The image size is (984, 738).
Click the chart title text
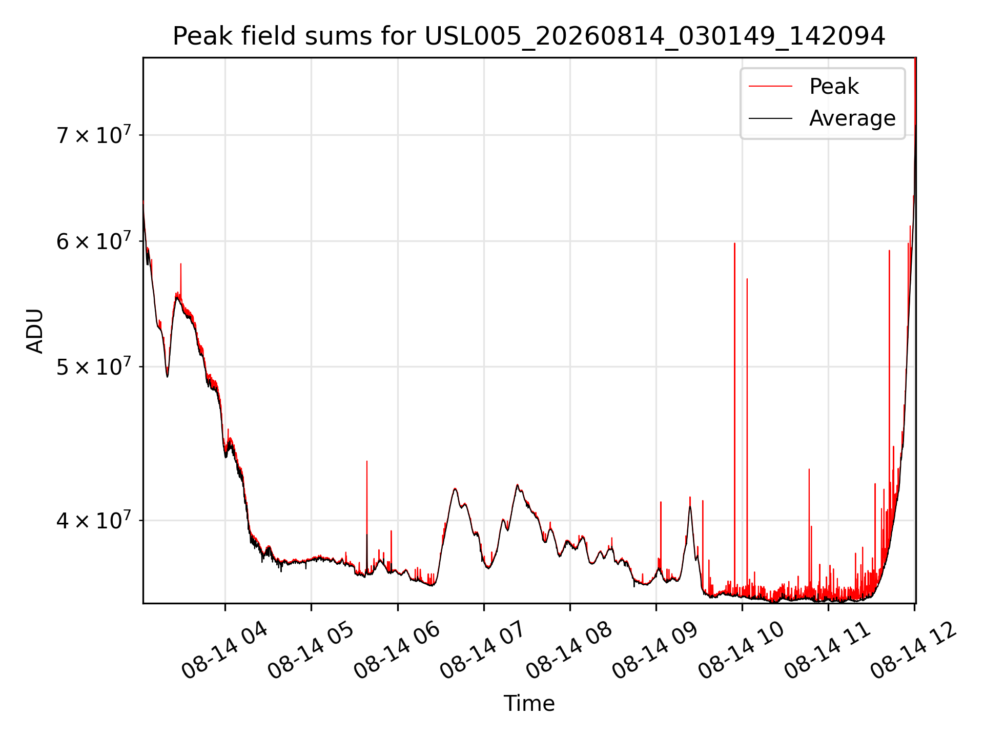[x=529, y=36]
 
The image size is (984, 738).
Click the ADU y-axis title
[x=35, y=331]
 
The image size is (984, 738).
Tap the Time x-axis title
[x=529, y=703]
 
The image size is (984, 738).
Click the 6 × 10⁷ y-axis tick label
[x=94, y=240]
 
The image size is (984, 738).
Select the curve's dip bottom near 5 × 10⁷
[x=167, y=376]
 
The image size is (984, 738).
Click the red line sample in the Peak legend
[x=770, y=86]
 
